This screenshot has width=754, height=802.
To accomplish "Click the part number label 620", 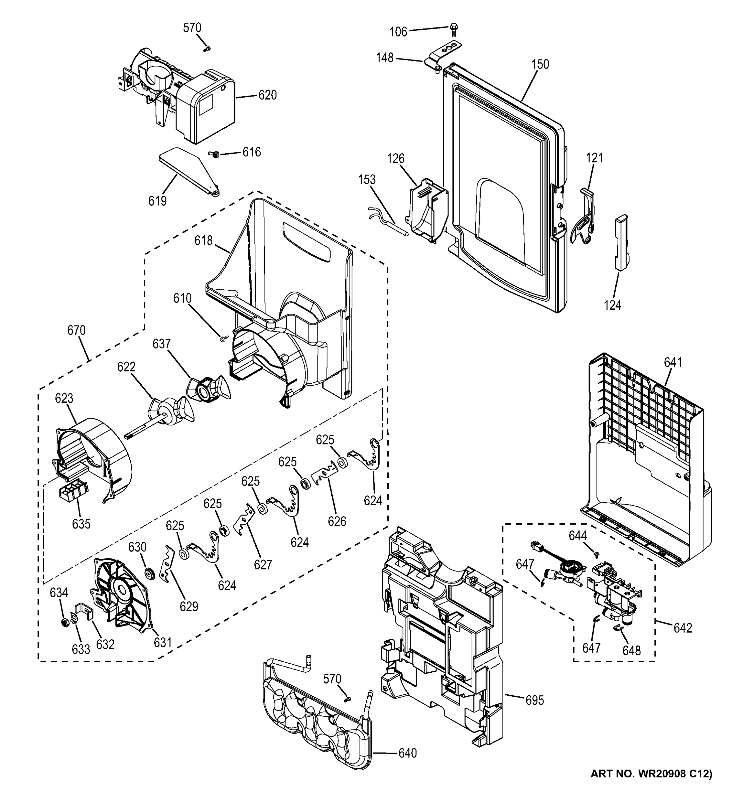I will [267, 95].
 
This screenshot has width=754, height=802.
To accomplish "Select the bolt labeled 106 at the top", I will [454, 29].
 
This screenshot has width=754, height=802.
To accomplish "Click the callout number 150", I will [540, 64].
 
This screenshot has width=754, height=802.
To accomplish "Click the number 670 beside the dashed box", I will [76, 330].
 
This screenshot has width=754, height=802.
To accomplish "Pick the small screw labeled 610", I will [223, 338].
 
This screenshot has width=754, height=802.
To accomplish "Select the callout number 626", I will [337, 521].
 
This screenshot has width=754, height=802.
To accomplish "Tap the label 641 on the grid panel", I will [673, 363].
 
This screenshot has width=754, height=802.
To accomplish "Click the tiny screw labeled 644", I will [596, 555].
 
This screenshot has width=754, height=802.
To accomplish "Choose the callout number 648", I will [631, 650].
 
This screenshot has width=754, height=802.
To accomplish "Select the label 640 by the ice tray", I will [407, 753].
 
